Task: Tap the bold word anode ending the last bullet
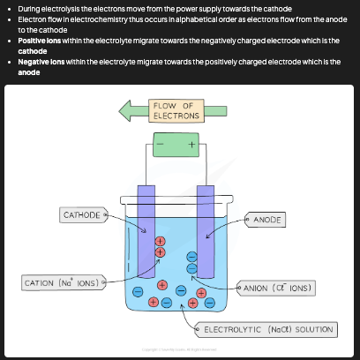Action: pyautogui.click(x=28, y=72)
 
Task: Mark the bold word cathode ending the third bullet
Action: pyautogui.click(x=33, y=51)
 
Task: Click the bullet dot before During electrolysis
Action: pyautogui.click(x=9, y=9)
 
